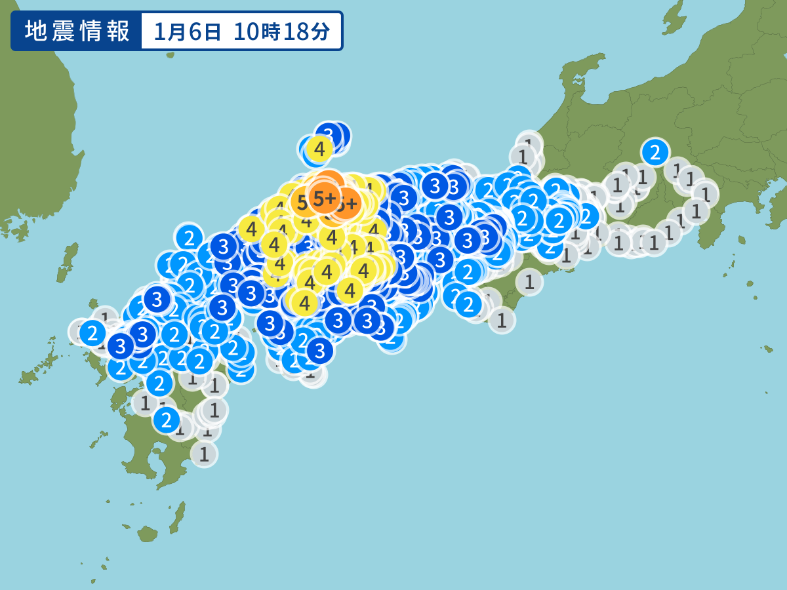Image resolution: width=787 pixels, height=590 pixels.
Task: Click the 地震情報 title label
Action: click(77, 31)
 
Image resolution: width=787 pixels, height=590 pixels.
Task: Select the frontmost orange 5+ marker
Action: click(324, 198)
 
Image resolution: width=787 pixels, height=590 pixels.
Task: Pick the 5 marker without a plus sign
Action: click(302, 203)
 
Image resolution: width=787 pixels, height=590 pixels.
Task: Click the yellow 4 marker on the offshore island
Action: click(319, 149)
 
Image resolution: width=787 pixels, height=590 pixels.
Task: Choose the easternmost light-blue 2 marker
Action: click(654, 152)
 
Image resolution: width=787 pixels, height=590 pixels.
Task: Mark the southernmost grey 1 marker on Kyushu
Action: click(204, 453)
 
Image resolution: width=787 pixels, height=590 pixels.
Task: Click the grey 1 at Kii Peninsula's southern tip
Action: click(502, 321)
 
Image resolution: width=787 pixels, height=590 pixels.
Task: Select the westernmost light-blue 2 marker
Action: click(92, 334)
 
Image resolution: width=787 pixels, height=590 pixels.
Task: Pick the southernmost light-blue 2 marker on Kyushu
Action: click(167, 418)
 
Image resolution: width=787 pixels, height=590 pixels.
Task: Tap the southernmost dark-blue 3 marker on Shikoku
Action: click(320, 351)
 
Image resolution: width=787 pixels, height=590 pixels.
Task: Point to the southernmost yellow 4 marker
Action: click(304, 303)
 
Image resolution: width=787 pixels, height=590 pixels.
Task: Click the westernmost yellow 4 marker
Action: click(251, 229)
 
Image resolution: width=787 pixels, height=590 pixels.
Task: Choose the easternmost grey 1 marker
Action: click(706, 193)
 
